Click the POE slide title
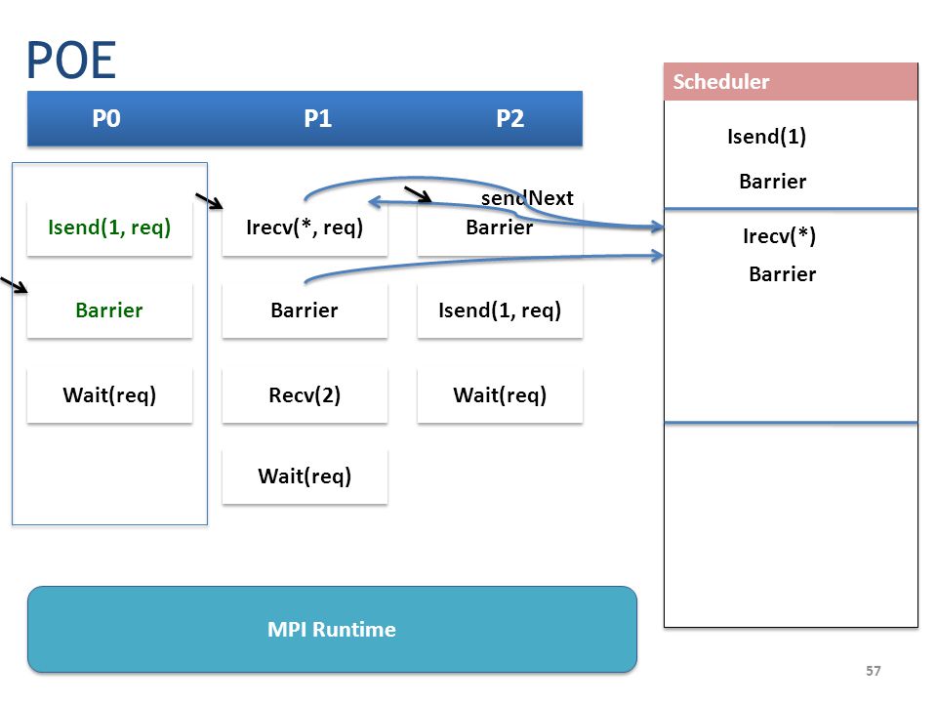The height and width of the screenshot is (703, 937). click(71, 60)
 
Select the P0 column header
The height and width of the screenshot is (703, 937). click(106, 118)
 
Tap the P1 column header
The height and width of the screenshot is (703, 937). click(318, 118)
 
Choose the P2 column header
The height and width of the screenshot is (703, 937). click(510, 118)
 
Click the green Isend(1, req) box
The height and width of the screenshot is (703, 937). click(109, 227)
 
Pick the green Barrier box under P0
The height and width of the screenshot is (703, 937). click(109, 310)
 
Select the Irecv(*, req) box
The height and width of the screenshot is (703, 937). click(305, 227)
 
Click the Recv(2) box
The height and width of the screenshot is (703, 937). click(305, 395)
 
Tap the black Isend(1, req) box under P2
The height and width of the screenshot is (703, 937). click(500, 310)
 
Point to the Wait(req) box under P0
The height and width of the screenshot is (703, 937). click(109, 395)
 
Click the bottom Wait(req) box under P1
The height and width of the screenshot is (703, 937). click(305, 476)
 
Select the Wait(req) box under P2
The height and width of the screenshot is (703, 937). click(500, 395)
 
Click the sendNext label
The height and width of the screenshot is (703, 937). click(527, 198)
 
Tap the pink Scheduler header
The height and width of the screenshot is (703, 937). click(791, 81)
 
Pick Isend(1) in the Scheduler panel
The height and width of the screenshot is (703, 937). click(767, 137)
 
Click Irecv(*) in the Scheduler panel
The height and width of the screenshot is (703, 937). click(779, 236)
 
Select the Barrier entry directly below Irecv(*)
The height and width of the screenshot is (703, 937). click(782, 274)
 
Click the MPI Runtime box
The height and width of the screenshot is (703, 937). click(332, 630)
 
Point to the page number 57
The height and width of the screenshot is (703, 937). click(873, 671)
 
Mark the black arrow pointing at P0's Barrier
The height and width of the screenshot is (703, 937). click(14, 285)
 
